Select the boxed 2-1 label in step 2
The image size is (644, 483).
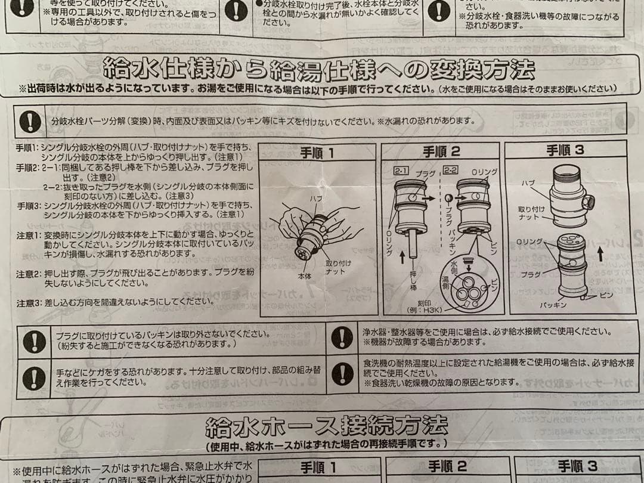[x=401, y=172]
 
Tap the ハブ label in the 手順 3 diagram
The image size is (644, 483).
[x=528, y=182]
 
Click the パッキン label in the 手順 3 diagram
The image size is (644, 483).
[x=553, y=304]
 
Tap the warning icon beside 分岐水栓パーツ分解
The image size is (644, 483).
[x=30, y=120]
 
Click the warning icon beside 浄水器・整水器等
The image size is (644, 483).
[x=342, y=336]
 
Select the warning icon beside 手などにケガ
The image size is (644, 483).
[x=34, y=377]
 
